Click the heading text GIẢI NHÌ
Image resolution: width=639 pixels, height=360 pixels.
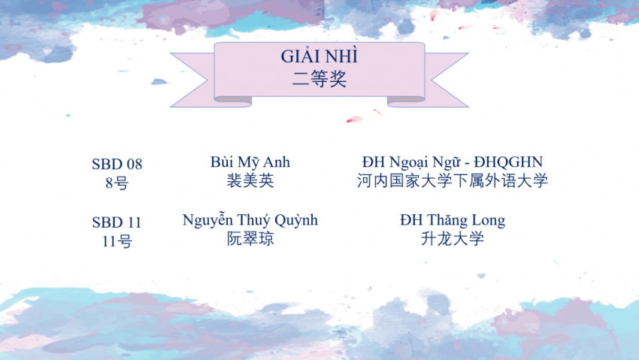click(319, 56)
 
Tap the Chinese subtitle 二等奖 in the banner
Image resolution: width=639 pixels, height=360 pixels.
click(319, 79)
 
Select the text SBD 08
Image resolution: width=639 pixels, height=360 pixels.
click(117, 164)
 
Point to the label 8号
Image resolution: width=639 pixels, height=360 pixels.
click(117, 183)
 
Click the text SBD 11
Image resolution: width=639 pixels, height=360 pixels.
click(117, 222)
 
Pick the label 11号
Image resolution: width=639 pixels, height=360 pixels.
click(117, 241)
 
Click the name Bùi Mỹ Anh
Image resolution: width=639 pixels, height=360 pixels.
click(250, 162)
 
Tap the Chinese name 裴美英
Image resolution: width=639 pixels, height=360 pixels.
click(250, 180)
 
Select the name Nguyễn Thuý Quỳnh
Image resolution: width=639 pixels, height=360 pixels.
click(250, 220)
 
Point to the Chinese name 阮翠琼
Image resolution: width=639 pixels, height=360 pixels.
click(250, 239)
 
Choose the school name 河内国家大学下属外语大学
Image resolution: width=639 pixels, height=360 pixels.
click(453, 180)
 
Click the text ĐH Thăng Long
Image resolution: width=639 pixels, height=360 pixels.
click(453, 220)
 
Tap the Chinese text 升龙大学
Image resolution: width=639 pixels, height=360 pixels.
click(453, 239)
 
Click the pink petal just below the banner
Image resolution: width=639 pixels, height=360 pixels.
click(354, 119)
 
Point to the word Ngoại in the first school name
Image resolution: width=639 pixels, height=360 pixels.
click(408, 163)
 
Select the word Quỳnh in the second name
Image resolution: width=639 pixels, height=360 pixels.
click(296, 220)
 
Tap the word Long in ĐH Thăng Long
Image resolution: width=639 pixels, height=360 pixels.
click(489, 221)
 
